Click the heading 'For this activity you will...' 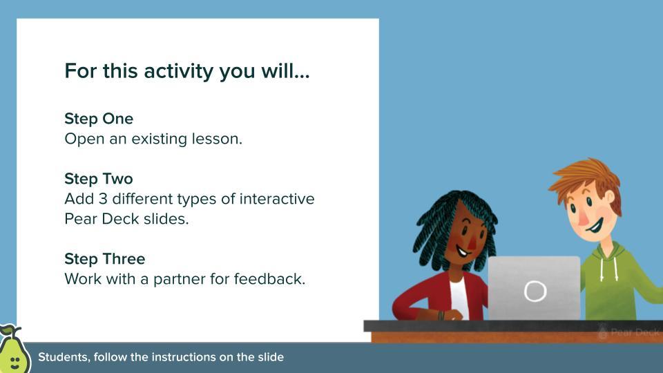[x=186, y=71]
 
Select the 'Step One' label [x=99, y=118]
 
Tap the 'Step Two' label [x=99, y=179]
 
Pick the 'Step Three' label [x=104, y=259]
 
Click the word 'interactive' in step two [x=277, y=200]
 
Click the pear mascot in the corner [x=12, y=352]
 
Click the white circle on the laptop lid [x=535, y=291]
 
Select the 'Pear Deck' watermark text [x=634, y=332]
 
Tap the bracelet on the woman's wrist [x=440, y=315]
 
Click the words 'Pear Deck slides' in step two [x=126, y=220]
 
